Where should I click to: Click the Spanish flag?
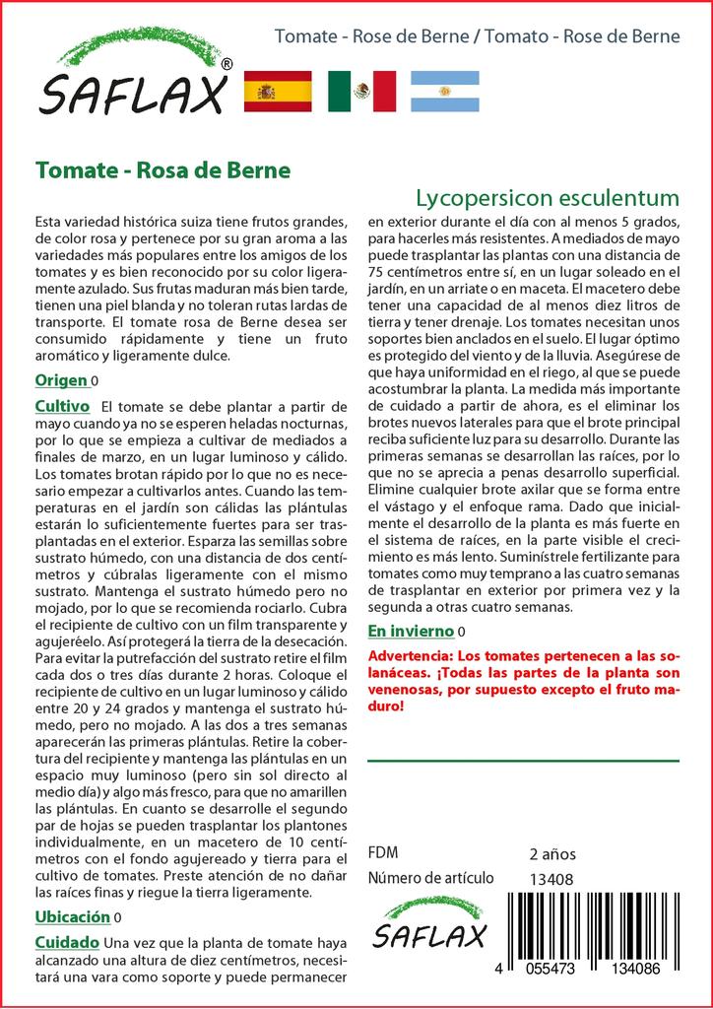click(277, 92)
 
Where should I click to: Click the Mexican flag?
click(361, 92)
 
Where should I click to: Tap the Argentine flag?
click(444, 92)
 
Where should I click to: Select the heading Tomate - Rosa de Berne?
click(162, 169)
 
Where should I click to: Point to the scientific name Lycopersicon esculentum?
click(547, 195)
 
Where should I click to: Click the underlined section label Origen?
click(61, 380)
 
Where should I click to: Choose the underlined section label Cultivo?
click(62, 406)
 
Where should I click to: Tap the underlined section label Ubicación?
click(72, 916)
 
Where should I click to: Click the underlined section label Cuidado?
click(67, 942)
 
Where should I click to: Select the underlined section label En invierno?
click(411, 631)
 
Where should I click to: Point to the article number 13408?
click(551, 879)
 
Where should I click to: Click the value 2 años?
click(551, 853)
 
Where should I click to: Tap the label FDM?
click(383, 853)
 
